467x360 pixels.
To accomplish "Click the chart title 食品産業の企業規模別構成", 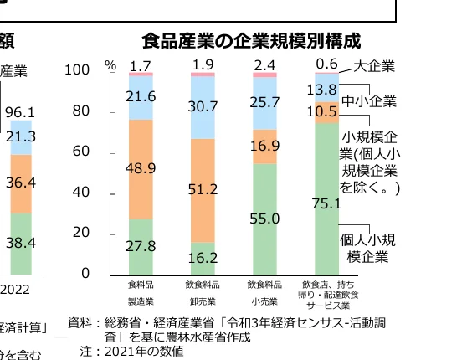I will (252, 40).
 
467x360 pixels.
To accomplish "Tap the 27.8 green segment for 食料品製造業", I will (141, 246).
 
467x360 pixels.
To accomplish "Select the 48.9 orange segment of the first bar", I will (141, 169).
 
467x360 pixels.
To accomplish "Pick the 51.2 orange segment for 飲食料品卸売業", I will (203, 190).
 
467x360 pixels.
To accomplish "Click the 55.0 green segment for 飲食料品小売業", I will (264, 219).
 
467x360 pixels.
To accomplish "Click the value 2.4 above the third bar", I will (264, 65).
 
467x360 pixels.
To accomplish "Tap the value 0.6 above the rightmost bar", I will (326, 64).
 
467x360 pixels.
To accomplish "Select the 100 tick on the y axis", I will (77, 70).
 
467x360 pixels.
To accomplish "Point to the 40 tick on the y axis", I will (80, 193).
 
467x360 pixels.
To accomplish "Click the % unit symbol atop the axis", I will (110, 64).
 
